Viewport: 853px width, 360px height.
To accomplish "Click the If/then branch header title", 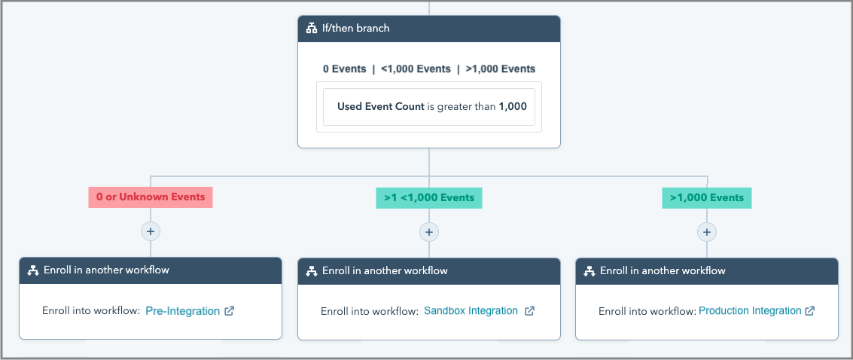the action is click(356, 29).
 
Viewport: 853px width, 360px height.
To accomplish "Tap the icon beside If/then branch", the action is click(312, 29).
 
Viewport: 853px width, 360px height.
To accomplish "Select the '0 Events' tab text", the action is click(344, 69).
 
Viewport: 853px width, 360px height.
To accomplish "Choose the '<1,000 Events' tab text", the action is click(416, 69).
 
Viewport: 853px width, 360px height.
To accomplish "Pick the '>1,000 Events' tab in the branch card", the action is click(501, 69).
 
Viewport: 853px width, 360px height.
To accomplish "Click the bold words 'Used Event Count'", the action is click(381, 107).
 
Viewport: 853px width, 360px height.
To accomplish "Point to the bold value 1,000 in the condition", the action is click(513, 107).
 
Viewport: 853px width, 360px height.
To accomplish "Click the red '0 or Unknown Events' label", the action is click(151, 197).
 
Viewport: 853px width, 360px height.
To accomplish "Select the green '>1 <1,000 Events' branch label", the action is click(429, 198).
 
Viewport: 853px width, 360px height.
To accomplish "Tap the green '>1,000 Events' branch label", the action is click(707, 198).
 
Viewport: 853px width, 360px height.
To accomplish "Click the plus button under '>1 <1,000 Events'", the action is click(429, 232).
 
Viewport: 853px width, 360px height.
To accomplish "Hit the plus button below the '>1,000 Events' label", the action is click(707, 232).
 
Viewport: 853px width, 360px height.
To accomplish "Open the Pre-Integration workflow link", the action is click(183, 311).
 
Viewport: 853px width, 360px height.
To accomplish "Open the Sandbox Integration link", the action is click(471, 311).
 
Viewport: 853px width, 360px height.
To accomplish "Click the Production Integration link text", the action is click(750, 311).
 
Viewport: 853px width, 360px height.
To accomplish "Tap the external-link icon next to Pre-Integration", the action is click(230, 311).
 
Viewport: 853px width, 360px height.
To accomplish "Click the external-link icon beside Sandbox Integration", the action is click(529, 311).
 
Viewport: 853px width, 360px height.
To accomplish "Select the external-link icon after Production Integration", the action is click(810, 311).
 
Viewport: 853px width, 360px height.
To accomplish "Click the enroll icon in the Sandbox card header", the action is click(312, 271).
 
